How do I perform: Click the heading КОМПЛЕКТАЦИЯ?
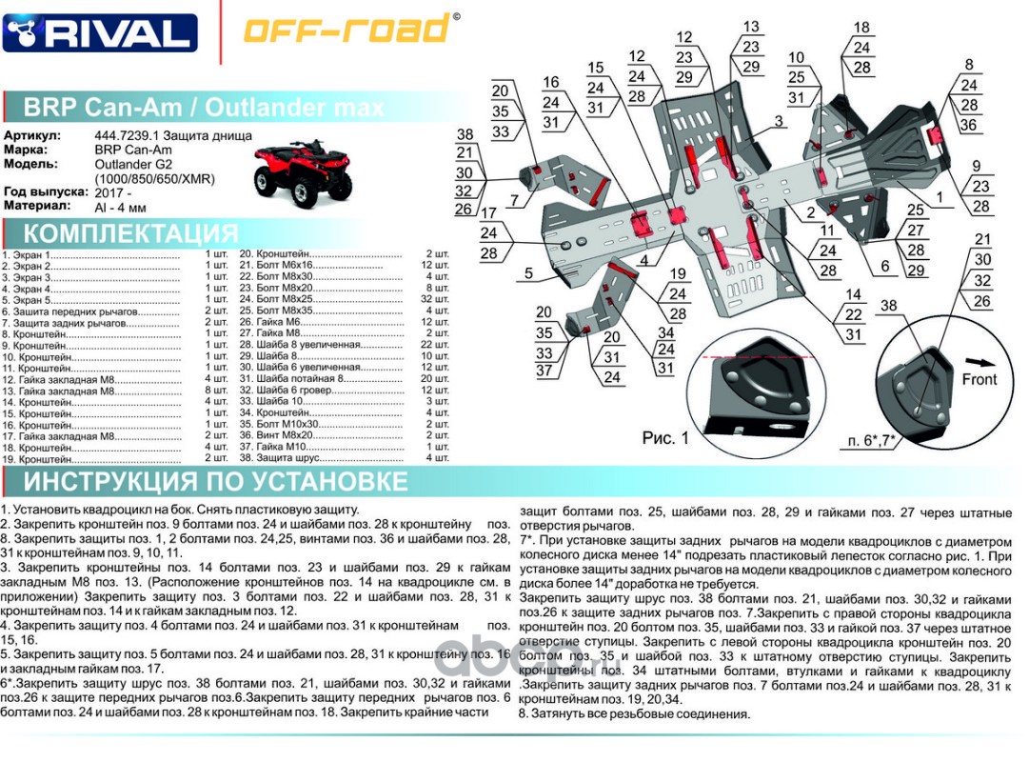click(x=130, y=234)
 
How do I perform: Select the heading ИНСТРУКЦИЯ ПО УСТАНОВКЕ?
click(x=215, y=482)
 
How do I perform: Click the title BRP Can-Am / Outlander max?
click(x=203, y=107)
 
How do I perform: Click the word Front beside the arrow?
click(x=979, y=379)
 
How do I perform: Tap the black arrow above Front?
click(x=980, y=361)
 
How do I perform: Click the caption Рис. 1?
click(x=664, y=438)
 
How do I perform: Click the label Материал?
click(x=37, y=206)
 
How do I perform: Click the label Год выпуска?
click(x=45, y=192)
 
